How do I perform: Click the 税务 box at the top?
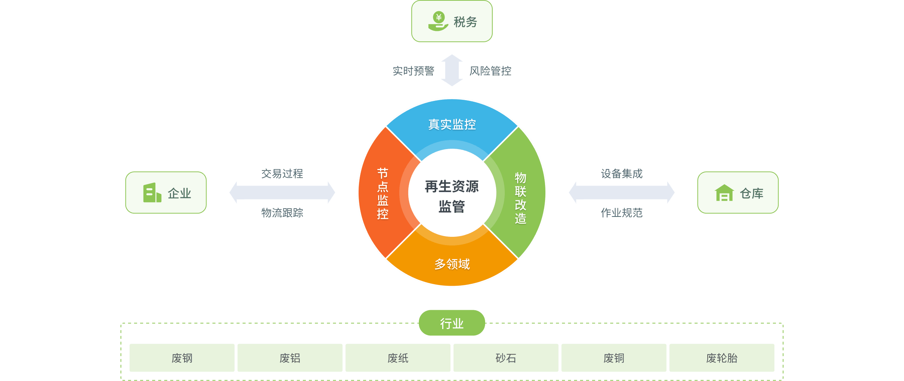452,21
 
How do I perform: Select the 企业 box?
166,193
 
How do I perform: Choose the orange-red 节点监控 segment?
382,193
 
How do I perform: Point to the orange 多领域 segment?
452,264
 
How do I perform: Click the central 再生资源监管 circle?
452,196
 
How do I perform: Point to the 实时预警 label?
413,71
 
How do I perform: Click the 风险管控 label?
490,71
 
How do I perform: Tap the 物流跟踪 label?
282,213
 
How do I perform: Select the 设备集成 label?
622,174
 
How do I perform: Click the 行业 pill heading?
452,323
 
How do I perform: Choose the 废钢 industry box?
182,358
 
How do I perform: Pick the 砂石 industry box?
506,358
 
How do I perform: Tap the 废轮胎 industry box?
722,358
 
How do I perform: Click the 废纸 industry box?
398,358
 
